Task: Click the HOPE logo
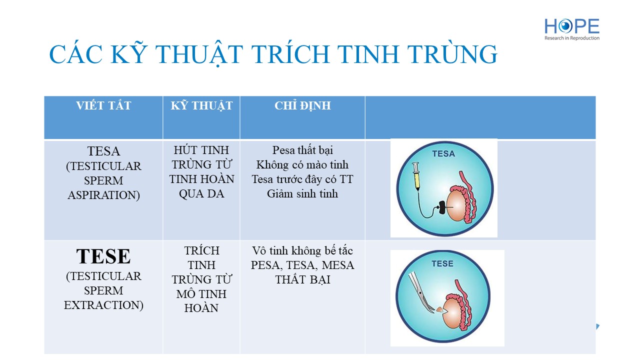[571, 29]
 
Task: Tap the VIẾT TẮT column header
[103, 105]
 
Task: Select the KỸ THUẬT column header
[201, 105]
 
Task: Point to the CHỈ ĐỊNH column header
[302, 105]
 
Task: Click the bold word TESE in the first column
[103, 256]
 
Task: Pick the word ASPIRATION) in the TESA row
[103, 195]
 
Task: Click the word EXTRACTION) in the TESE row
[103, 305]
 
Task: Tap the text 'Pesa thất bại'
[302, 150]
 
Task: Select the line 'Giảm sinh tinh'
[302, 193]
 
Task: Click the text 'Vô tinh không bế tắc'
[302, 250]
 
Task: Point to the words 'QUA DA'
[201, 193]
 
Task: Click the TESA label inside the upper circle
[443, 154]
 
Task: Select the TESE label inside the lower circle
[442, 263]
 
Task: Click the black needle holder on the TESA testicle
[441, 207]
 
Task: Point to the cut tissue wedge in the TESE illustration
[440, 309]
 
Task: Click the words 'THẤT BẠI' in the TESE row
[302, 279]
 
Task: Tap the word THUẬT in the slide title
[199, 54]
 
